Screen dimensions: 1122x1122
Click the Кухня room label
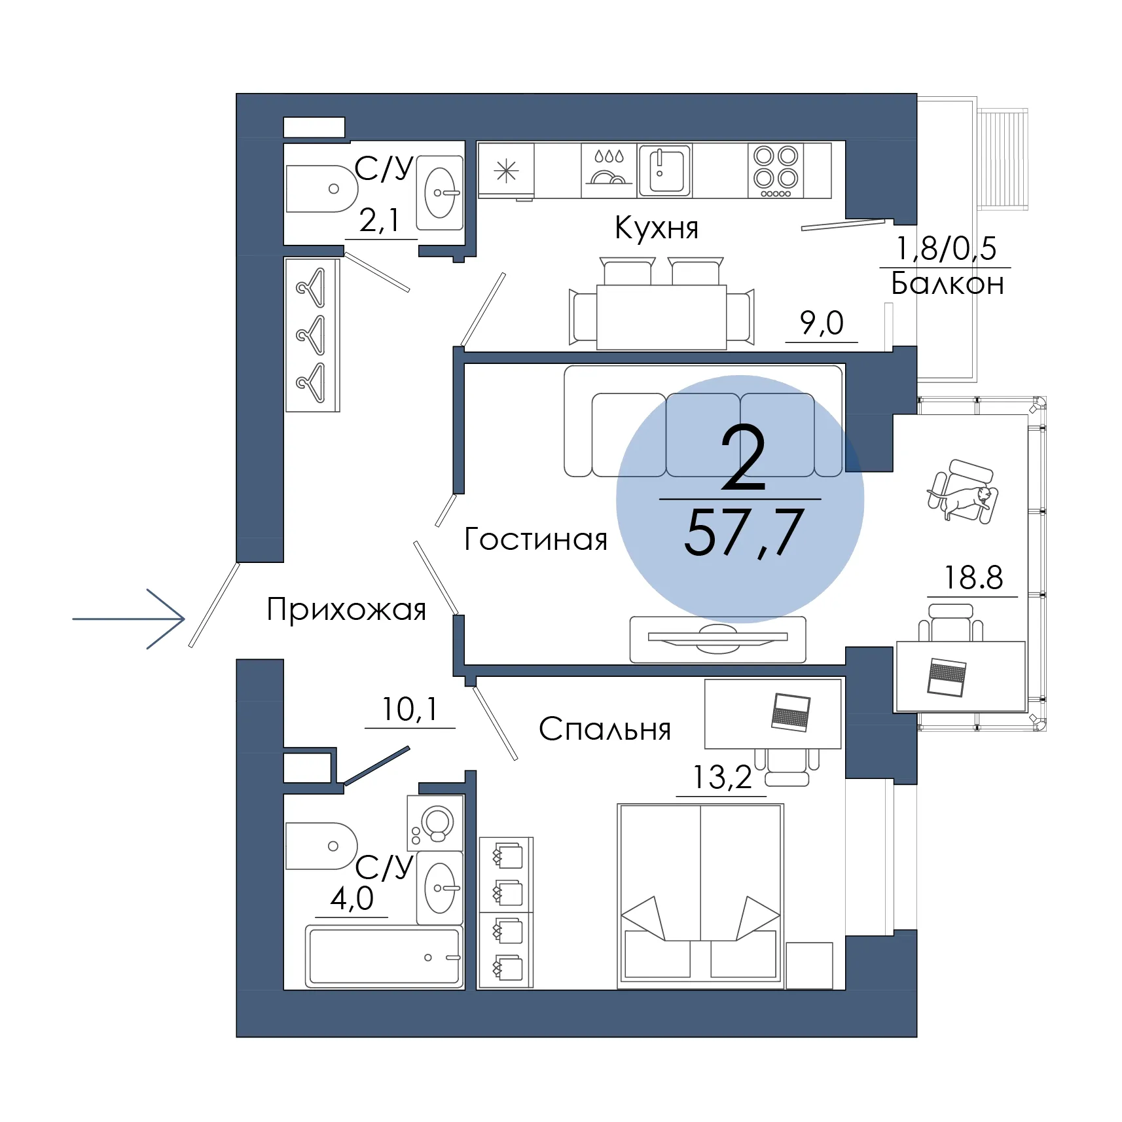[x=657, y=228]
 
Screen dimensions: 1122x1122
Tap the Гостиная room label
[x=535, y=539]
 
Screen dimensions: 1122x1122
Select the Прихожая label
[x=346, y=609]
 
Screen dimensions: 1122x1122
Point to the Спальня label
[x=605, y=729]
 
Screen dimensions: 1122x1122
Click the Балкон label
[x=947, y=284]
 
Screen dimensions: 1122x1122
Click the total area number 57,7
[x=744, y=533]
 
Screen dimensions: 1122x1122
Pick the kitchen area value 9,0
[x=822, y=323]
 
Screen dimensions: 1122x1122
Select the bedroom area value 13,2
[x=722, y=777]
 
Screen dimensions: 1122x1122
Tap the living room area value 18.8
[x=973, y=577]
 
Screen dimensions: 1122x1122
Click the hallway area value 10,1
[x=410, y=709]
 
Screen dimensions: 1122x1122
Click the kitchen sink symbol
[x=665, y=170]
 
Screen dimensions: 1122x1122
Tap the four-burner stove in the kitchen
[x=776, y=170]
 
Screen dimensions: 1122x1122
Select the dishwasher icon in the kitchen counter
[x=609, y=170]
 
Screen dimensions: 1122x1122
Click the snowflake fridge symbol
[x=506, y=172]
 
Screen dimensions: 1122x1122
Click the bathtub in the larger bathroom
[x=384, y=956]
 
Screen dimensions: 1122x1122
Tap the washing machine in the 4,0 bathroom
[x=435, y=822]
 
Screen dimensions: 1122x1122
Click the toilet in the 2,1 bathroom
[x=321, y=189]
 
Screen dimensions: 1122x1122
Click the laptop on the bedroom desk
[x=791, y=712]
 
